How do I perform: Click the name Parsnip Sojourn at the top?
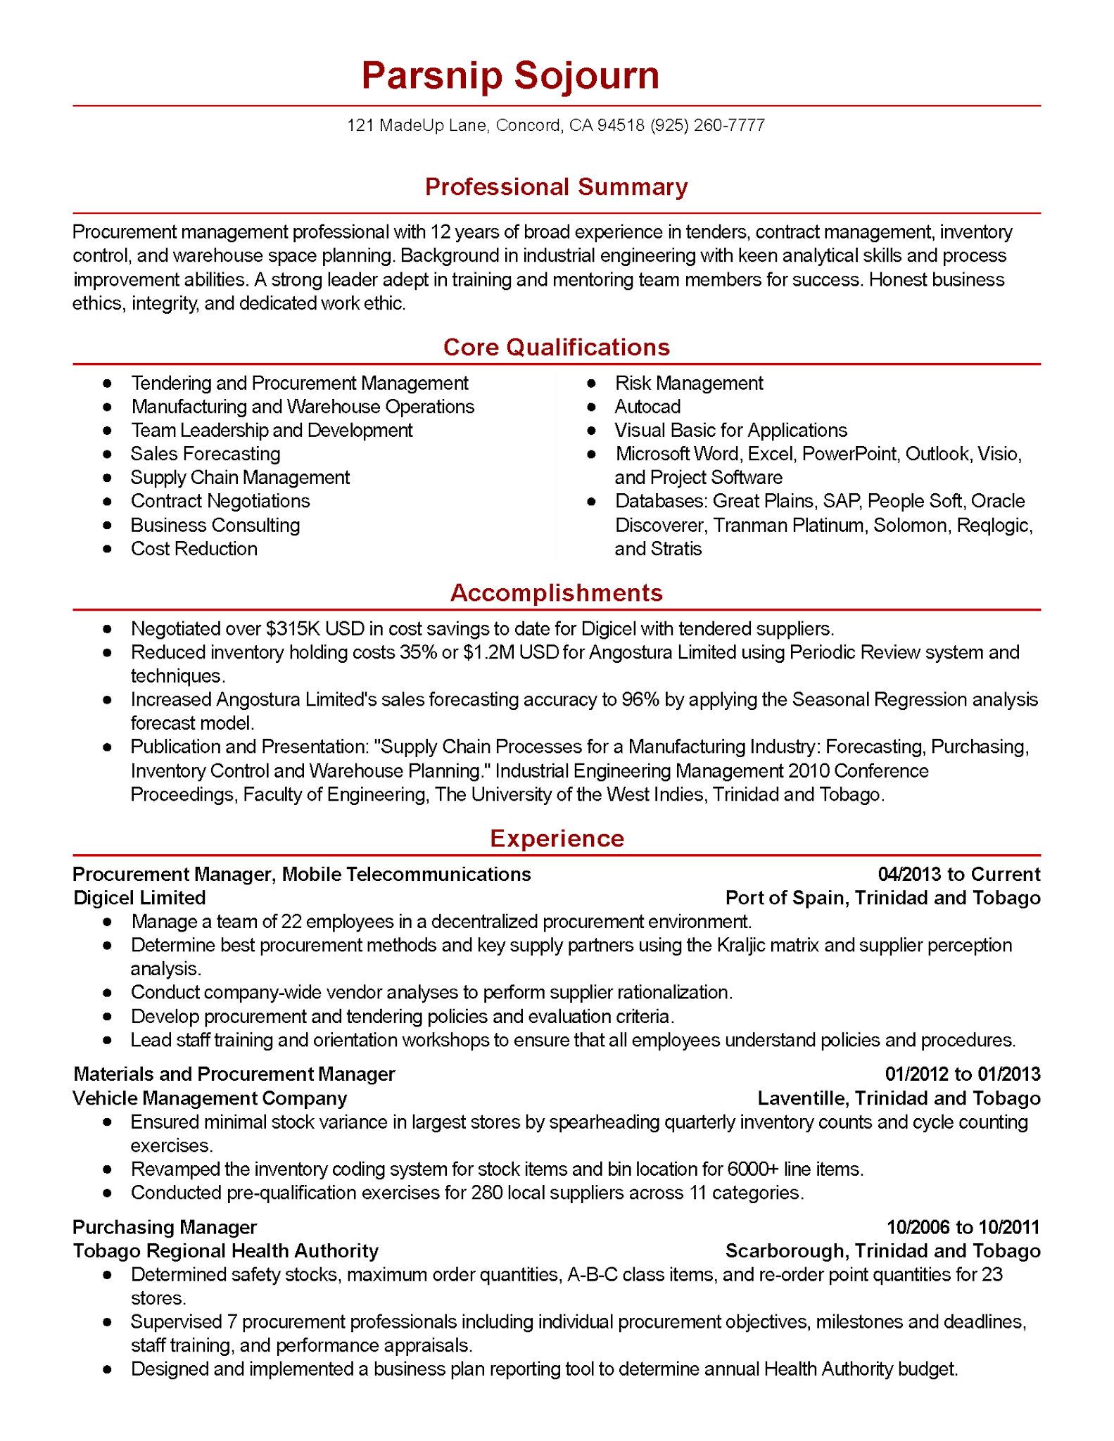510,76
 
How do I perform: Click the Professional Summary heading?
556,187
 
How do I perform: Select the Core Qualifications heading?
556,348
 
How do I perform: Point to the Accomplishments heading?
556,593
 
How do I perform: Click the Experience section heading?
557,839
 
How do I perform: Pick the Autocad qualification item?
647,407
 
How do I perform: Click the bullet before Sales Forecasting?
107,455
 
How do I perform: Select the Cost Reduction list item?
194,550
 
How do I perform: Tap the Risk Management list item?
688,383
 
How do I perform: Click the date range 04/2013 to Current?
958,875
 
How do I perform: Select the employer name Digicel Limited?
139,899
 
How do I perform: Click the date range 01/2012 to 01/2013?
962,1074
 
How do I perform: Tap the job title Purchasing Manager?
165,1228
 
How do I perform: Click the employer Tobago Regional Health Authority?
225,1252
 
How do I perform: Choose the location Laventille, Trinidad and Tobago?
899,1099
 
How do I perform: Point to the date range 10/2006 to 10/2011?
963,1228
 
